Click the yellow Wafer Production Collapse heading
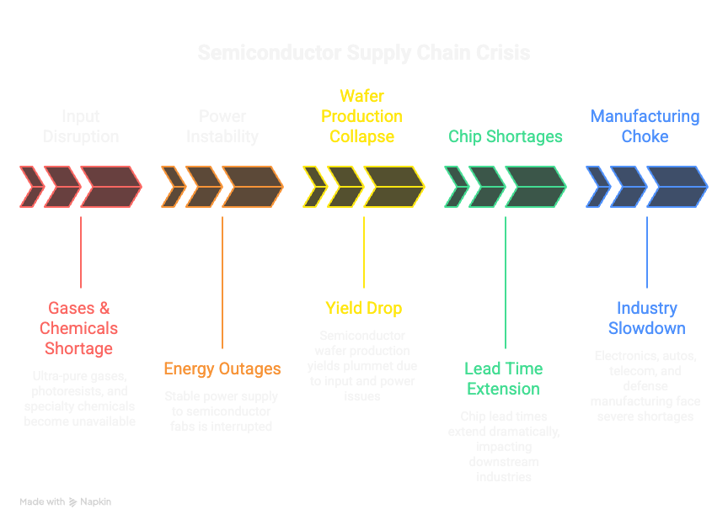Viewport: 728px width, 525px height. coord(362,116)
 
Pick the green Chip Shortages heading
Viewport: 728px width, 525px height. coord(505,136)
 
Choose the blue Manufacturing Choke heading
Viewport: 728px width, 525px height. coord(645,126)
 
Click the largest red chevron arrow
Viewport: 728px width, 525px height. coord(110,187)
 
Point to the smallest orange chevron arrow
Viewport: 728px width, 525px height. coord(173,187)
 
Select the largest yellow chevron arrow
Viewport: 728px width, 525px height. coord(393,187)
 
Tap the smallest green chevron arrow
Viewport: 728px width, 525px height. coord(456,187)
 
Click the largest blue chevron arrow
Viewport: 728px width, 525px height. coord(677,187)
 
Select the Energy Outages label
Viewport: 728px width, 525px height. coord(222,369)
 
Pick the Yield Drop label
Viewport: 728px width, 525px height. coord(363,308)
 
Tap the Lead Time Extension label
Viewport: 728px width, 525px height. coord(504,379)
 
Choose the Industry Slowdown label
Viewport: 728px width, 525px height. coord(646,318)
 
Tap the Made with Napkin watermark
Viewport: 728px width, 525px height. coord(66,501)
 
